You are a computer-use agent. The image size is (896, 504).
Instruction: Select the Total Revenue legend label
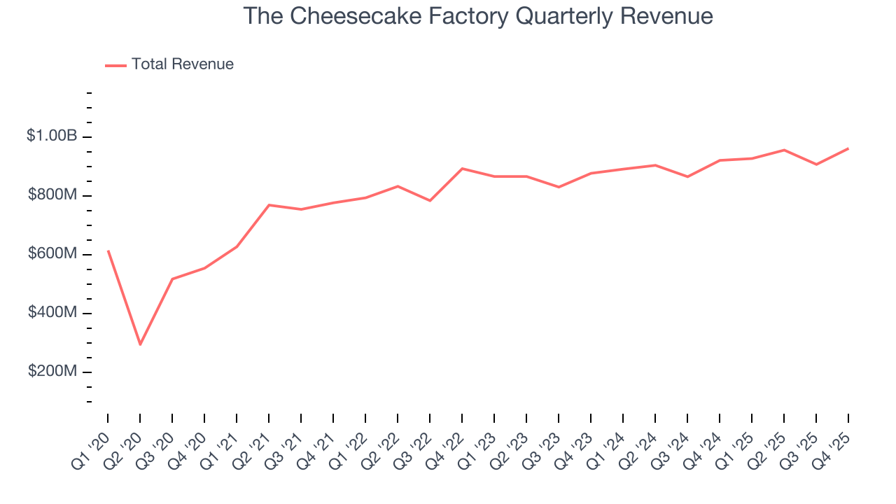183,64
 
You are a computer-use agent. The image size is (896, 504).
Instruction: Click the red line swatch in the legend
115,65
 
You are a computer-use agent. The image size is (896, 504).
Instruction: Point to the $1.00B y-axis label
52,136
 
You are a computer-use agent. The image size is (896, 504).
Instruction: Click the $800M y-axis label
52,195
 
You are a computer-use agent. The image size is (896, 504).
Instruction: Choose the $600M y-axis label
52,254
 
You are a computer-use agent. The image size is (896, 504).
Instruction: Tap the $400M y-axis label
52,313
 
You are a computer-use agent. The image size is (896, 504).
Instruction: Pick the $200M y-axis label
52,372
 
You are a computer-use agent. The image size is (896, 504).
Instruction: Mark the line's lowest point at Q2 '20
140,344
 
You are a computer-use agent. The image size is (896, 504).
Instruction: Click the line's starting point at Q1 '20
108,251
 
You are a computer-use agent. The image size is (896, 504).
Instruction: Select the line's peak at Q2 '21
269,205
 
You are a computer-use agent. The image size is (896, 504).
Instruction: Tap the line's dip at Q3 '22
430,201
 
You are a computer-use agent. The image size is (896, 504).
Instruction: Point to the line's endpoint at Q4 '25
848,148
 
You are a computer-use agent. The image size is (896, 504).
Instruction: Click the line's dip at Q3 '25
816,164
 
